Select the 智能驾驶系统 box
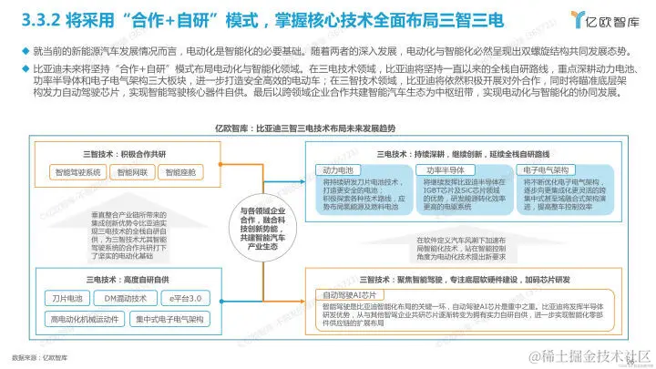77,170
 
